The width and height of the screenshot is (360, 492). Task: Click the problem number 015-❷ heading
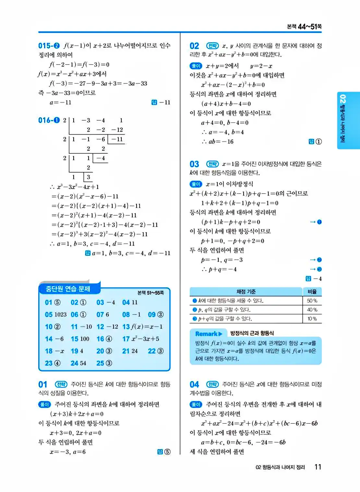(49, 46)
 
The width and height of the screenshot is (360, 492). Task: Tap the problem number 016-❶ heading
(49, 120)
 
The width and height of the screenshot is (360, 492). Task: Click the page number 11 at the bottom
(318, 467)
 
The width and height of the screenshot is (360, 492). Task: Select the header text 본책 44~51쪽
(304, 27)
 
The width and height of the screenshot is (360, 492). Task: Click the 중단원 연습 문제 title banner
(68, 288)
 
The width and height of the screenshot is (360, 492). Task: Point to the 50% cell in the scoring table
(312, 300)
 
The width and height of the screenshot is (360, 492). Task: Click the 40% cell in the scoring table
(312, 310)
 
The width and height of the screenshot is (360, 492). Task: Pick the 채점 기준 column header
(246, 291)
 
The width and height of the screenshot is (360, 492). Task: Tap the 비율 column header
(312, 291)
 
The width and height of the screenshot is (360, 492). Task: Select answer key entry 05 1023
(56, 314)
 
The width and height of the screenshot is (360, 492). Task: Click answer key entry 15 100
(80, 339)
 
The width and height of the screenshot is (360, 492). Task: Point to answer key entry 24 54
(78, 363)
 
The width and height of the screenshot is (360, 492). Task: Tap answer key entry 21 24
(130, 351)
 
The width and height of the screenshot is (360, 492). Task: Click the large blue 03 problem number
(194, 164)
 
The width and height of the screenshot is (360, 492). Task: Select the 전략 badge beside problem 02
(212, 46)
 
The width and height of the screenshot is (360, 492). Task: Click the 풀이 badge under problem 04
(196, 404)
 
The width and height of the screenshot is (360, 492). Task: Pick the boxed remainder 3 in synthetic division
(89, 177)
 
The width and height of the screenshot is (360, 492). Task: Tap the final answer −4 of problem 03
(317, 279)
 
